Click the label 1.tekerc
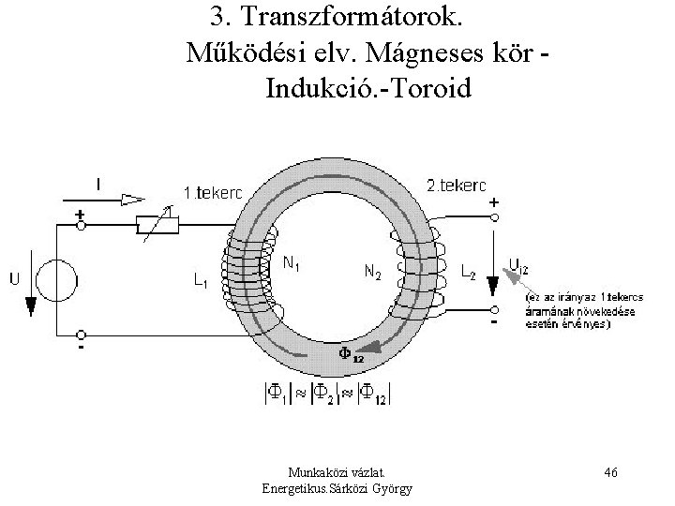click(x=212, y=192)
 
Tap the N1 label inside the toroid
click(x=293, y=264)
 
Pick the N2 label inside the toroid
click(x=371, y=273)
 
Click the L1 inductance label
click(x=200, y=279)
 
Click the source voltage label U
click(x=16, y=277)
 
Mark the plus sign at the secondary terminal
click(x=494, y=201)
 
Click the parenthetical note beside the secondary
click(x=561, y=309)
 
